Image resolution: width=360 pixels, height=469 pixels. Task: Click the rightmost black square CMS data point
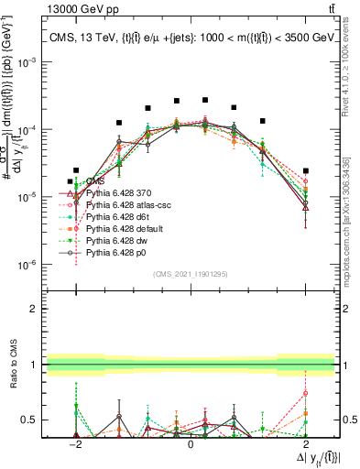[x=306, y=170]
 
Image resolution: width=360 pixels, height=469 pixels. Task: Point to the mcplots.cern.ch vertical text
[x=352, y=220]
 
